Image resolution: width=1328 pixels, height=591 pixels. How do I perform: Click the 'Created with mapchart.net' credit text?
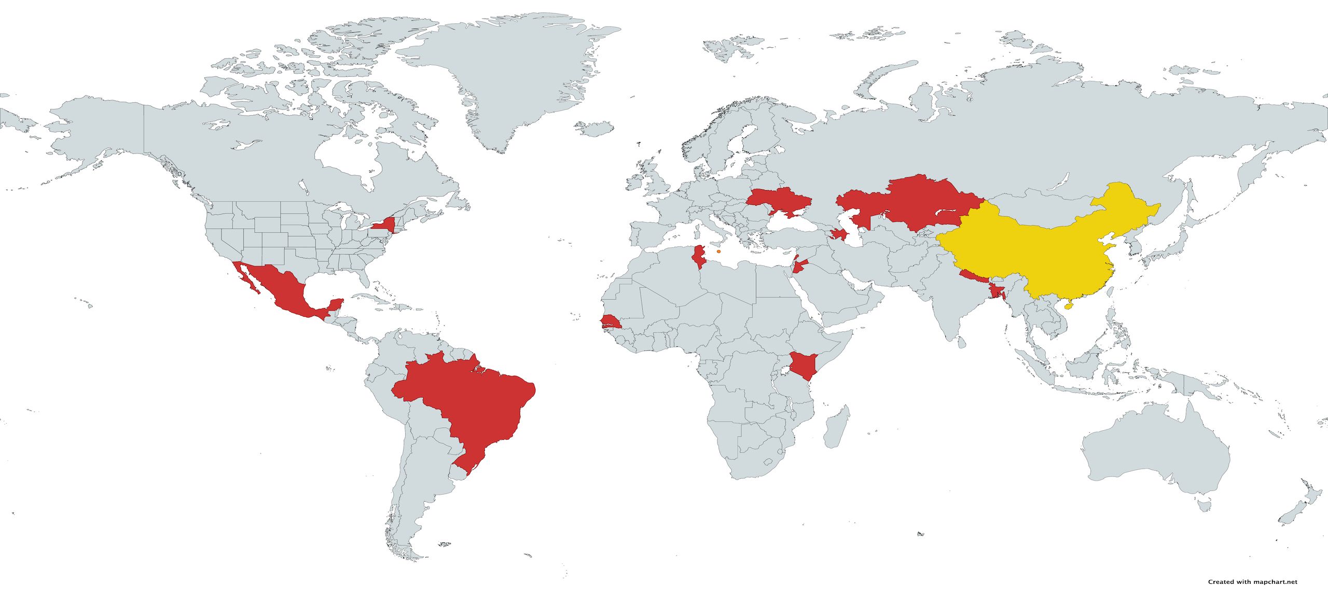click(x=1266, y=582)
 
